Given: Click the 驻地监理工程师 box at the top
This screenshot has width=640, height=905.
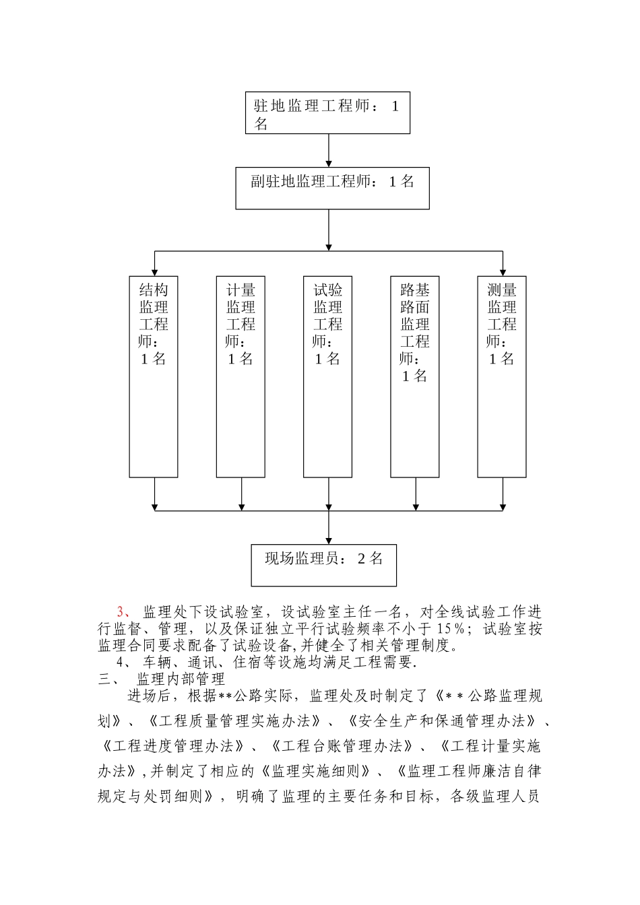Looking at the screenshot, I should [327, 112].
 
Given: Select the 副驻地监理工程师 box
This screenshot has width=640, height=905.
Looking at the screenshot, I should [332, 188].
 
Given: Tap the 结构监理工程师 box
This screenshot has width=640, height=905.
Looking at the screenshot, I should [154, 376].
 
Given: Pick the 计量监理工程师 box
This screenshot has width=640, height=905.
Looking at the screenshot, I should [241, 376].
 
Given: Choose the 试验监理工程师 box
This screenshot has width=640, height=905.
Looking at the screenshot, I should [327, 376].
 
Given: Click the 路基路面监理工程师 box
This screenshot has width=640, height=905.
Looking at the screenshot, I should [415, 376].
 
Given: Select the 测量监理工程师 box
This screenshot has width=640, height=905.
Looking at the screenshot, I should [502, 376].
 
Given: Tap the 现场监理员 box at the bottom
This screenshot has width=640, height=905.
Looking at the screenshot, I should [323, 565].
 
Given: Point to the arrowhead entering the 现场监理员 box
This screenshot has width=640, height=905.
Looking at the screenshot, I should [329, 539].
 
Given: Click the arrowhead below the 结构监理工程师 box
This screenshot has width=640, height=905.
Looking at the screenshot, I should [155, 506].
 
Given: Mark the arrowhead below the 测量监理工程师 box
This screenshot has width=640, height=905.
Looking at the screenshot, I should [503, 506].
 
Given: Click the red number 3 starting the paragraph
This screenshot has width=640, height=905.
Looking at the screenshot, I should [121, 612].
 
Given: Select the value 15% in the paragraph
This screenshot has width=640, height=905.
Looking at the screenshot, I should [451, 629].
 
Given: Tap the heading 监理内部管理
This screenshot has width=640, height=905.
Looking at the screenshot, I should [181, 679].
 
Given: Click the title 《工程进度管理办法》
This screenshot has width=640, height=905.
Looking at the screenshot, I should [171, 746].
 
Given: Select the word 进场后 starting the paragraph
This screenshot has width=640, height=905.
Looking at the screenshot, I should [149, 696].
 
